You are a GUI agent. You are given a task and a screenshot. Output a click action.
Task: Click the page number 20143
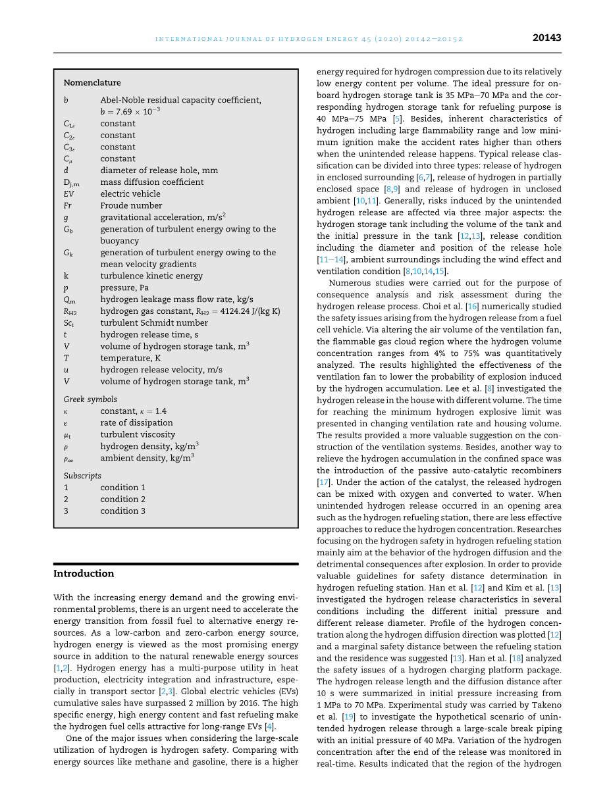(x=546, y=38)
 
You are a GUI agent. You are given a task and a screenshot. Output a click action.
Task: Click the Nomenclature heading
(x=92, y=83)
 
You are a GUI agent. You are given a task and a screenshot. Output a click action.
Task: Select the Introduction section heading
(x=84, y=574)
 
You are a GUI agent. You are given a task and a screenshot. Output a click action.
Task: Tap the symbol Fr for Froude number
(x=67, y=206)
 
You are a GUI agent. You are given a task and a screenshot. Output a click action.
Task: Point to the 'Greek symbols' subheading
(x=90, y=399)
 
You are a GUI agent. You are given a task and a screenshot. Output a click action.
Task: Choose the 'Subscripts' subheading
(x=82, y=476)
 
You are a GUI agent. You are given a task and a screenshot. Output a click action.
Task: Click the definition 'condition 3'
(x=123, y=511)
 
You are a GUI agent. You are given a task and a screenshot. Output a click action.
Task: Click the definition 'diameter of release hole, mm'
(x=159, y=170)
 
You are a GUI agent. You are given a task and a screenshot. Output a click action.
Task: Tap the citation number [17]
(x=323, y=482)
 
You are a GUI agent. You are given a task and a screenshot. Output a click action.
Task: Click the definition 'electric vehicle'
(x=130, y=194)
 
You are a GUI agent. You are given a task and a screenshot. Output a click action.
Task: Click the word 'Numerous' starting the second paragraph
(x=351, y=283)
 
